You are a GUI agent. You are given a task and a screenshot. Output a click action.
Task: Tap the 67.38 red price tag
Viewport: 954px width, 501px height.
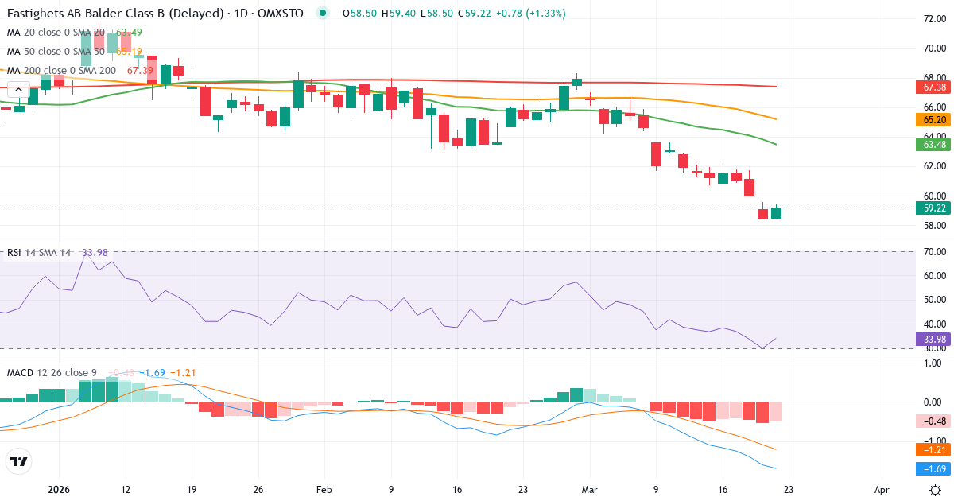(933, 87)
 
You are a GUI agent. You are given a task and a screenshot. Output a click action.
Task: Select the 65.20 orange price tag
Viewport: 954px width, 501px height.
(933, 120)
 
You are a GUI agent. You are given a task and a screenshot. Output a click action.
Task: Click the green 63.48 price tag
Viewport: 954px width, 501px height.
(933, 145)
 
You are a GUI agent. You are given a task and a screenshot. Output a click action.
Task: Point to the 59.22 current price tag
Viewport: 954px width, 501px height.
(933, 208)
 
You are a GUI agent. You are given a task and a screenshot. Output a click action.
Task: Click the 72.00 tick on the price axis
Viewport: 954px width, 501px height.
(933, 19)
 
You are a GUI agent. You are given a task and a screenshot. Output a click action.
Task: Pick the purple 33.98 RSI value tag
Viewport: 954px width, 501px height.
(933, 340)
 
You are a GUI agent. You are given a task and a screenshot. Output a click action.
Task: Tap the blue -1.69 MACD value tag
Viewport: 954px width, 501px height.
(933, 468)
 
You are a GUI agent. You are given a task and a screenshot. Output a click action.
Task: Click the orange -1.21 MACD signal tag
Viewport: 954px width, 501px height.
(933, 449)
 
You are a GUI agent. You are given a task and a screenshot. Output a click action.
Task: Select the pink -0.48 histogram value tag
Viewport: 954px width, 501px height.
(933, 421)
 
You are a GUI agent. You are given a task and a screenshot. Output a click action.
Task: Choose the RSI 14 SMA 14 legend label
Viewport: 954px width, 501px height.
(39, 253)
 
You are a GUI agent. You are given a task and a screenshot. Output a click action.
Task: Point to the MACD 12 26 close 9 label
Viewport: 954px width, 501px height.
(52, 372)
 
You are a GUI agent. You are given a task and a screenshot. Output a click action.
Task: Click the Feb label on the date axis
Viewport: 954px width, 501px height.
(324, 491)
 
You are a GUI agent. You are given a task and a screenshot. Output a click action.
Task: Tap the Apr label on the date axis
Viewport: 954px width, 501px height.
(882, 491)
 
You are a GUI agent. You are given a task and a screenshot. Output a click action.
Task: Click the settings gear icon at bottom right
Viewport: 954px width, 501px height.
(936, 490)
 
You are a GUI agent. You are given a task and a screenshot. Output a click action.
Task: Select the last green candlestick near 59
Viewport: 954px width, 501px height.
(776, 212)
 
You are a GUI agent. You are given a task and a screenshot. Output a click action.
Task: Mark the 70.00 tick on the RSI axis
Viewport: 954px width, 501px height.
(933, 252)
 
